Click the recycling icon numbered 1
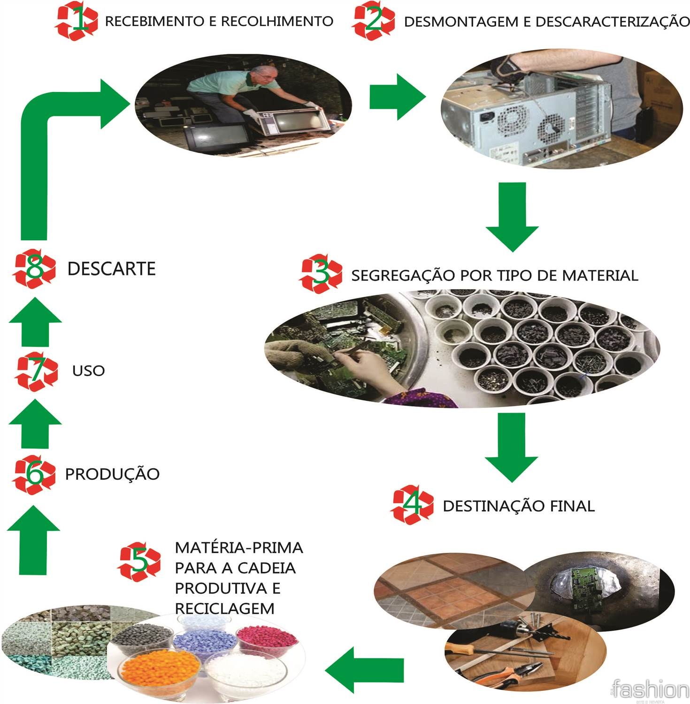point(76,21)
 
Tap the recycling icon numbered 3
point(321,274)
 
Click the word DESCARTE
point(111,269)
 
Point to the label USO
point(88,371)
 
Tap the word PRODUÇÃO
point(112,474)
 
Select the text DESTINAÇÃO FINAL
point(519,506)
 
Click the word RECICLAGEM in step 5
point(224,609)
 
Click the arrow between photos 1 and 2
point(397,97)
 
